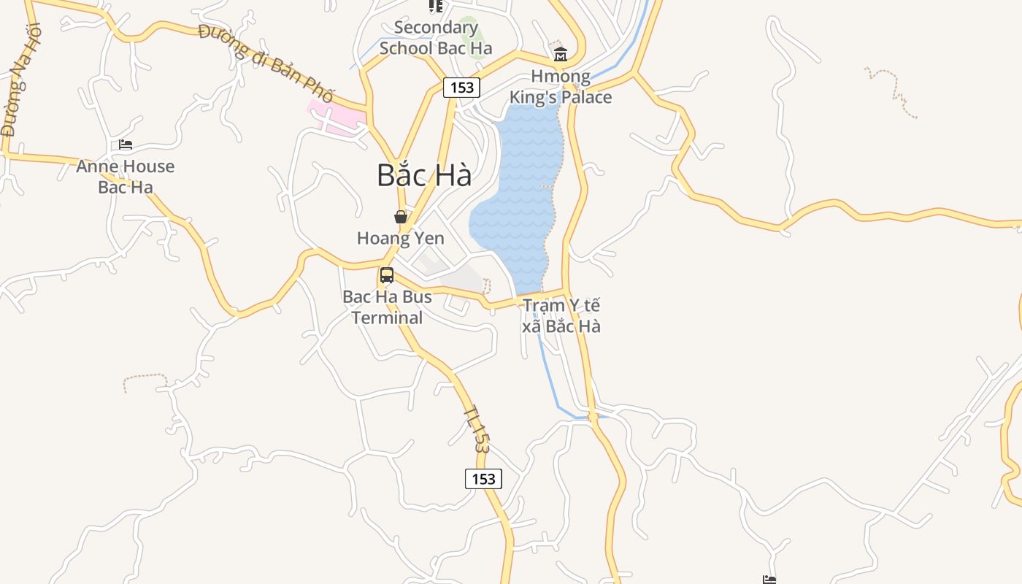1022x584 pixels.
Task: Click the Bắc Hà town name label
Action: [424, 176]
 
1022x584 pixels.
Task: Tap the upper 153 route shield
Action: [462, 88]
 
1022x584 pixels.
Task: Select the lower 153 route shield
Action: [483, 479]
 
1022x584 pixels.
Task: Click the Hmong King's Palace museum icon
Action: [561, 54]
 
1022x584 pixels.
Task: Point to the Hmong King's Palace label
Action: [561, 87]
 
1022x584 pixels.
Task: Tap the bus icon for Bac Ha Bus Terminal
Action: [387, 275]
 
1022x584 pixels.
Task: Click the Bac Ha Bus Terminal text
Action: [387, 307]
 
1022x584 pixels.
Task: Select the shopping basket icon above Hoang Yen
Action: [401, 217]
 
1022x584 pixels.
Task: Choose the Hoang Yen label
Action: [401, 238]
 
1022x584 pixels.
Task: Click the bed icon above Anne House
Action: [126, 145]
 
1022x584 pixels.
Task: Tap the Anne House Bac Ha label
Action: [126, 177]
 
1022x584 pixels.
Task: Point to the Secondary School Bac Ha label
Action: [436, 38]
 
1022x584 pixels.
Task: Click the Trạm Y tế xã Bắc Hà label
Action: [561, 315]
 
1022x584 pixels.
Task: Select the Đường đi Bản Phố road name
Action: [266, 64]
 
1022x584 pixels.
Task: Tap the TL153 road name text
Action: [475, 429]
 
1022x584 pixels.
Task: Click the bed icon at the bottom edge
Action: [769, 580]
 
